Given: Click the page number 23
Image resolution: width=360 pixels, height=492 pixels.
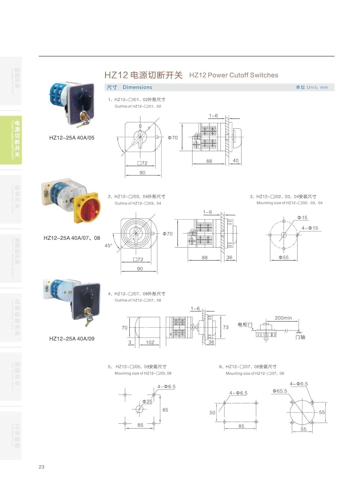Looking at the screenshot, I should tap(41, 467).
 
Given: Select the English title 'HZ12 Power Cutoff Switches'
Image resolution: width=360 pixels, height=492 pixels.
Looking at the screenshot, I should tap(234, 75).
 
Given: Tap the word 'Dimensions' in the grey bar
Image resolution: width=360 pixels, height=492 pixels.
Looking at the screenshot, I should tap(137, 87).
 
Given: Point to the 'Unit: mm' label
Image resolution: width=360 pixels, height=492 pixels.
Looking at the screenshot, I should tap(312, 87).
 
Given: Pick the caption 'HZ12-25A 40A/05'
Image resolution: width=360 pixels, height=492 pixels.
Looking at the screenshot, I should tap(72, 138).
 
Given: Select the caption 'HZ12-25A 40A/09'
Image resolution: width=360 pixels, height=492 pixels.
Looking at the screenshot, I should tap(72, 338).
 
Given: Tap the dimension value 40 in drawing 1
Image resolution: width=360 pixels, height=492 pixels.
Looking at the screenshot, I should tap(235, 160).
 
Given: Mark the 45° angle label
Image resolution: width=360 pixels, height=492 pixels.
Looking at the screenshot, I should tap(108, 246).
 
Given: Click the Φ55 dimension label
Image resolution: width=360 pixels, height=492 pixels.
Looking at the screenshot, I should tap(284, 257).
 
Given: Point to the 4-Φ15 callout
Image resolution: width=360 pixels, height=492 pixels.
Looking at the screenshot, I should tap(310, 228).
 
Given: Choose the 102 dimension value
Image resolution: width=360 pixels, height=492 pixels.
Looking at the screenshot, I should tap(150, 342).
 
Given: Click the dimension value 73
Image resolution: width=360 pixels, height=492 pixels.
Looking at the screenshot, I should tap(225, 327).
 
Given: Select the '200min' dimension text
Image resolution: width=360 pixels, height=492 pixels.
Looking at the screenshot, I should tap(283, 318).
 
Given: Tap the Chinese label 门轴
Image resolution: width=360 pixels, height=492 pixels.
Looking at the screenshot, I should tap(300, 337).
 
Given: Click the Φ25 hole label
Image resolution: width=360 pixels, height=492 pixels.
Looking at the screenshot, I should tap(147, 401).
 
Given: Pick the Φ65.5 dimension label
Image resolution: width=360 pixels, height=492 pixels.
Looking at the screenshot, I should tap(280, 391).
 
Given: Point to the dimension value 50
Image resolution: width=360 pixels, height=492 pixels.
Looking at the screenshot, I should tap(212, 413).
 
